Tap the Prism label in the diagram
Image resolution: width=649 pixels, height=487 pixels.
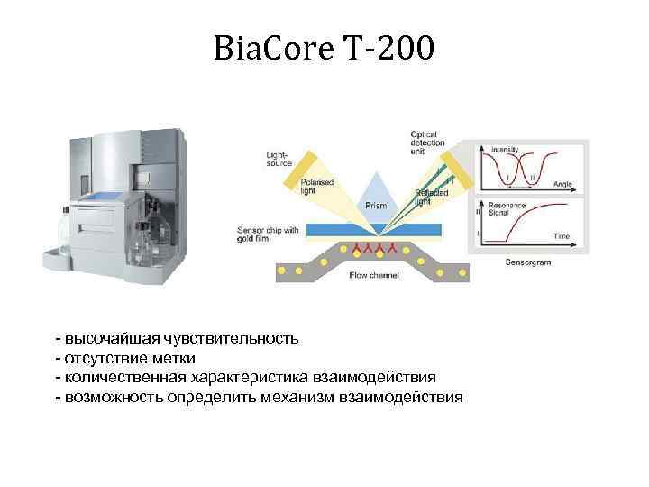point(376,206)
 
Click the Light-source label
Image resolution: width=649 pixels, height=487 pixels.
point(277,158)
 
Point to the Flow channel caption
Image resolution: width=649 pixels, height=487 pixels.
point(372,274)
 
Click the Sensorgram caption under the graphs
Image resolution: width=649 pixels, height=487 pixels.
point(527,262)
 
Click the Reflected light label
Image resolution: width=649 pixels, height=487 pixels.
point(426,197)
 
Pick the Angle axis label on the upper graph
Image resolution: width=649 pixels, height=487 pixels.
point(562,184)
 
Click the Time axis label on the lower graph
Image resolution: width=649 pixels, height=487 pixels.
point(562,235)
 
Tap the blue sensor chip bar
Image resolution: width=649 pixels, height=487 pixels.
point(379,227)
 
